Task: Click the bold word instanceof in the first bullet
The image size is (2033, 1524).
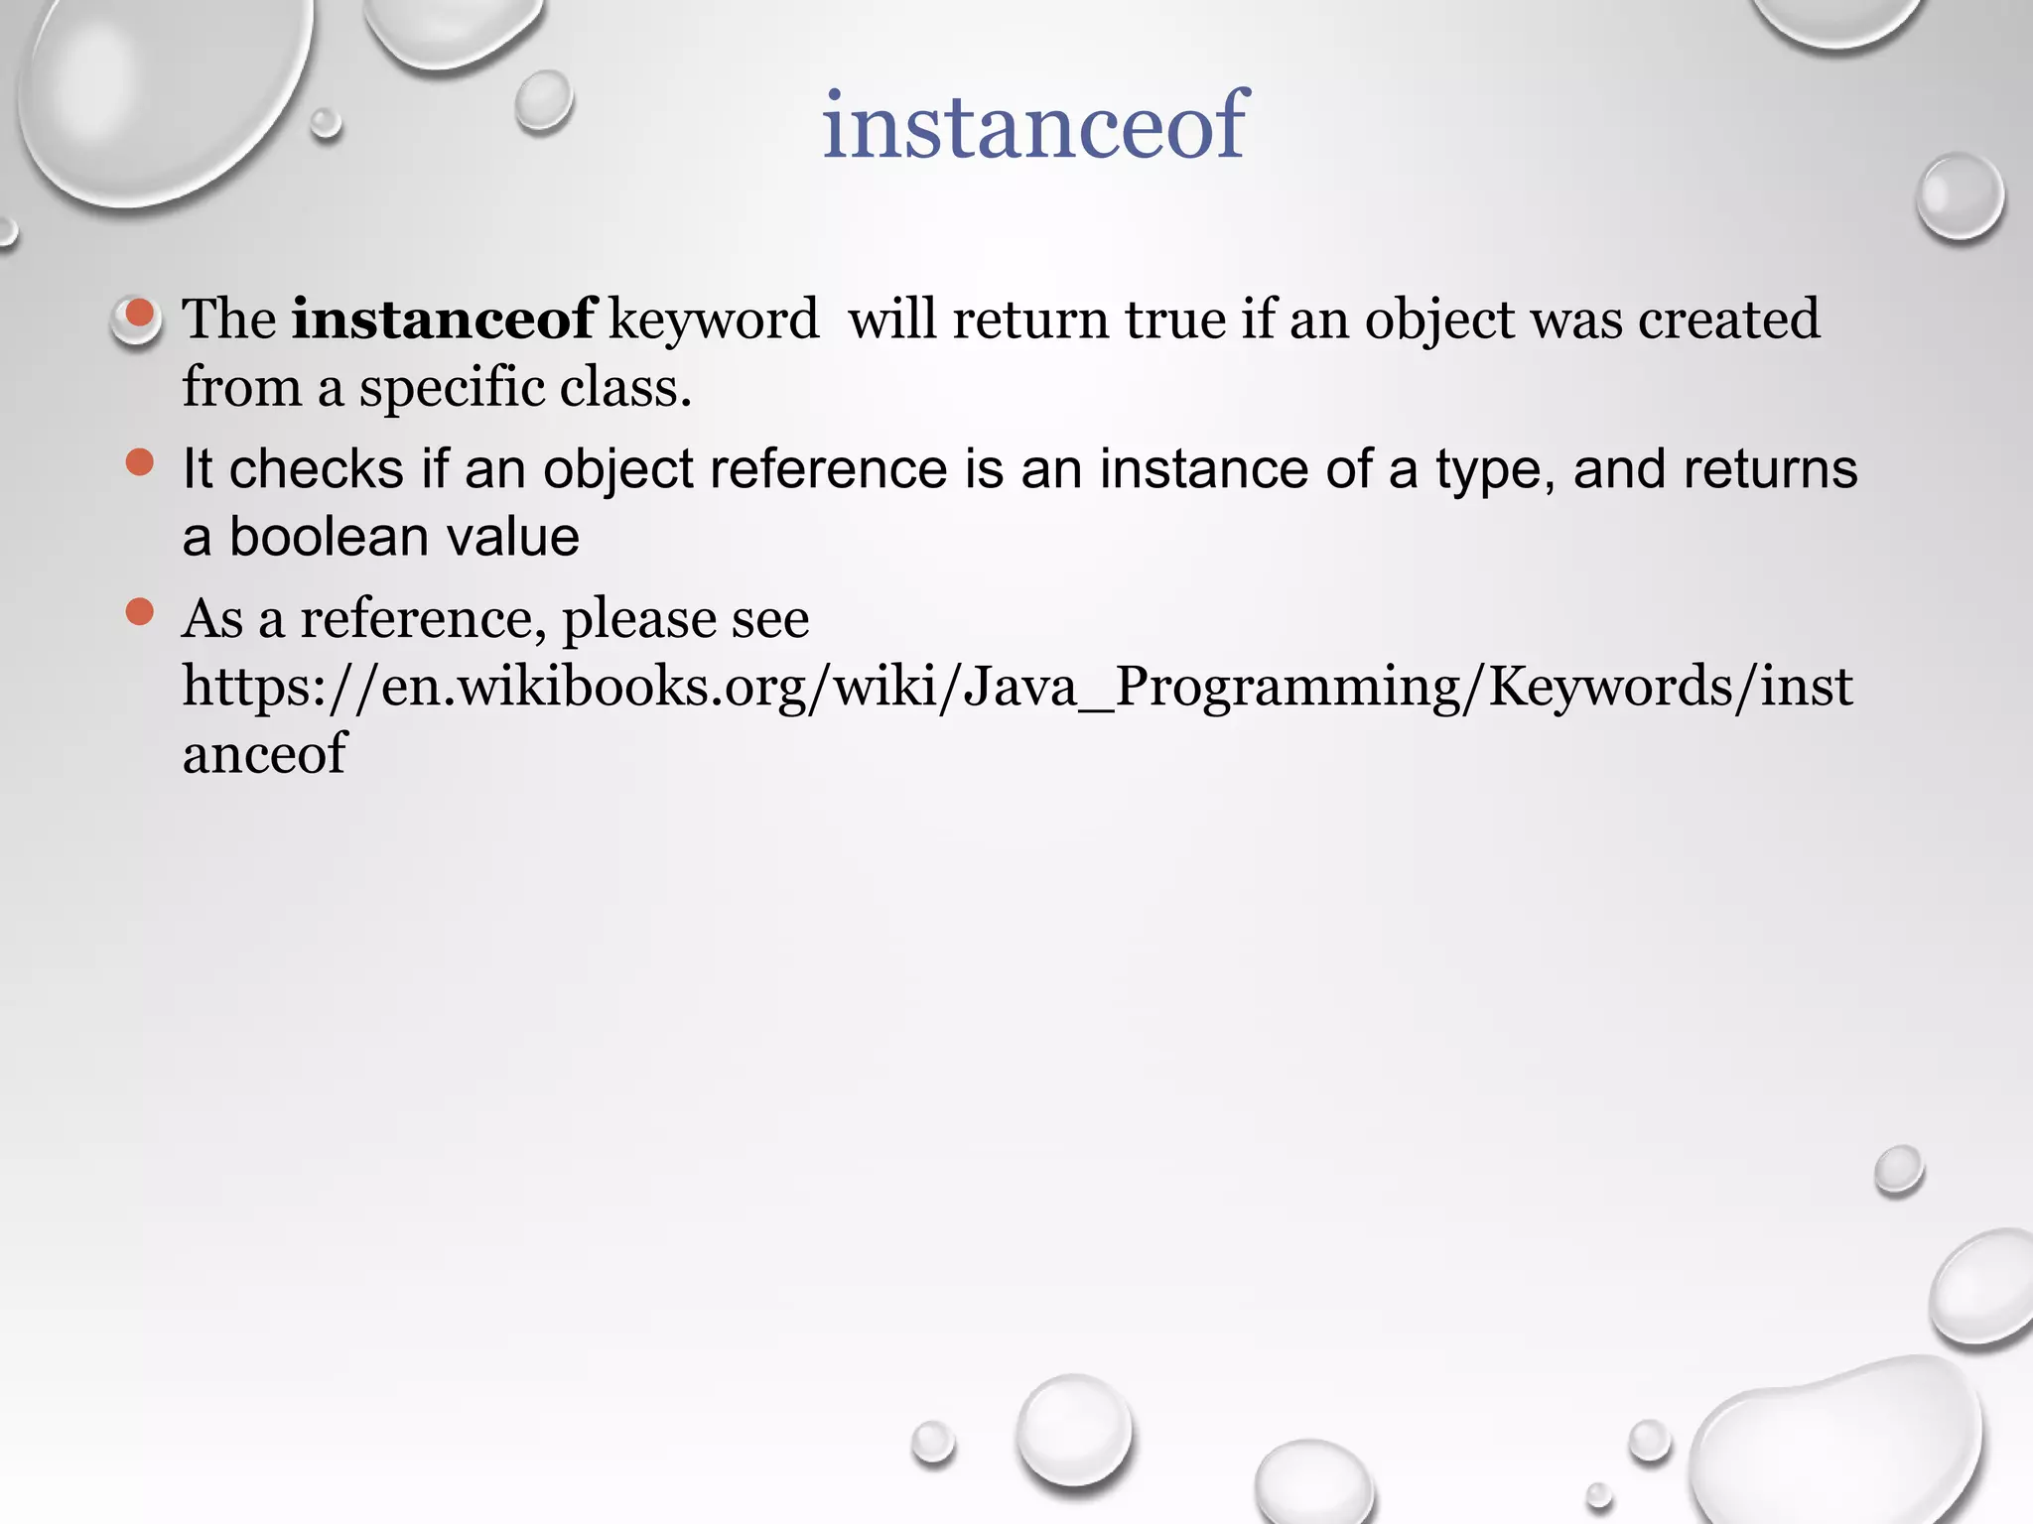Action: pyautogui.click(x=443, y=319)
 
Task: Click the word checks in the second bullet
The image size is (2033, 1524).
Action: pyautogui.click(x=316, y=468)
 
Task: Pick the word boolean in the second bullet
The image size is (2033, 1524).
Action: pyautogui.click(x=329, y=537)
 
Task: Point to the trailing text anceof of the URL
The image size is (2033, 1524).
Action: pyautogui.click(x=264, y=754)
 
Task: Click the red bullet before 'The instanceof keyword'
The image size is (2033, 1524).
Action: pyautogui.click(x=139, y=315)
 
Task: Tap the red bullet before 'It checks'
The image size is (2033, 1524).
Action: pyautogui.click(x=139, y=462)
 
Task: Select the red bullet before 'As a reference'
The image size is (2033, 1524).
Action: pyautogui.click(x=139, y=611)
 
